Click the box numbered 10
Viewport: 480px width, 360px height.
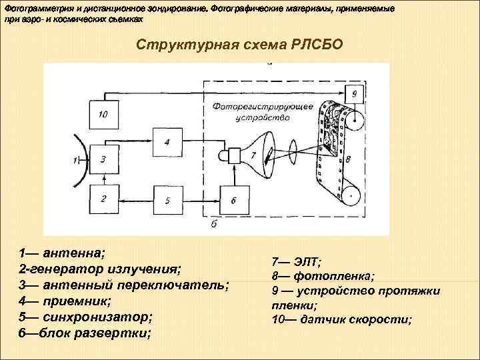[x=103, y=113]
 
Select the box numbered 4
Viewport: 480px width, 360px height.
[x=168, y=141]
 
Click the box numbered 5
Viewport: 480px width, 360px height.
[x=168, y=199]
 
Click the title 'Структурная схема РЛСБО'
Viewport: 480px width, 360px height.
[x=239, y=45]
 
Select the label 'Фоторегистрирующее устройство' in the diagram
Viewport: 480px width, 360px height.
[x=258, y=111]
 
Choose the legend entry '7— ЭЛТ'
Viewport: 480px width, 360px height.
[x=296, y=261]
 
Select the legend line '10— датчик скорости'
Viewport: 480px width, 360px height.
[x=341, y=320]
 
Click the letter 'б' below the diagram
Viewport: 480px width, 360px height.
[x=213, y=225]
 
